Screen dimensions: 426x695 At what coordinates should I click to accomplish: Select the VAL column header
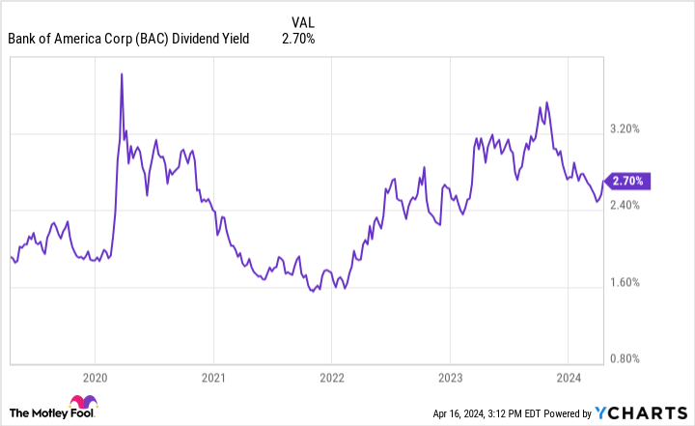coord(302,20)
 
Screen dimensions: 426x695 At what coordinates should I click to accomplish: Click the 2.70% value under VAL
coord(298,39)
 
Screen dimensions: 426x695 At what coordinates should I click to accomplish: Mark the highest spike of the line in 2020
coord(122,73)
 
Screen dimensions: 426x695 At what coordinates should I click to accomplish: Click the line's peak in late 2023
coord(546,101)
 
